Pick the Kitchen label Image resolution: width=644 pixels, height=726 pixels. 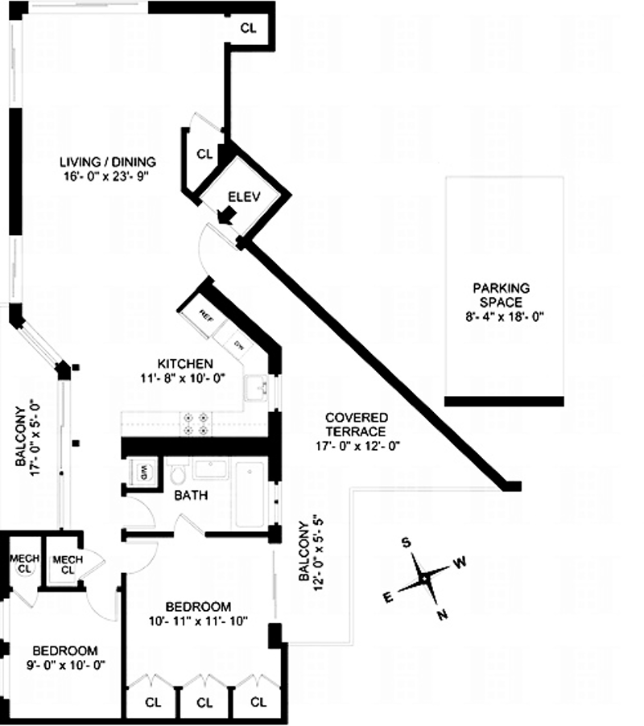(185, 363)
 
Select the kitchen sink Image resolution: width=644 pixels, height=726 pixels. (258, 388)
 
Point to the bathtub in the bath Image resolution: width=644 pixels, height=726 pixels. (250, 493)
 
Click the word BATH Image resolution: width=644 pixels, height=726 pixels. (191, 496)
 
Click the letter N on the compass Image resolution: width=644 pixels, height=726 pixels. (442, 617)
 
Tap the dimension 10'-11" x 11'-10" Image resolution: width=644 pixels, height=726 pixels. (198, 621)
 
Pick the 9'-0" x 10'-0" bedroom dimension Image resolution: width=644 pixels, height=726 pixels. (65, 665)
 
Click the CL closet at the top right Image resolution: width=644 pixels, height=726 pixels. (249, 27)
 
